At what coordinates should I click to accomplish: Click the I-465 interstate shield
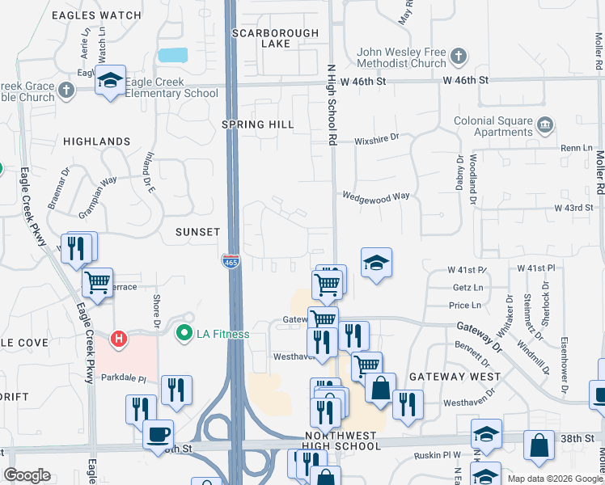point(231,261)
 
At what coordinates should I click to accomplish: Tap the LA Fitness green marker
point(184,333)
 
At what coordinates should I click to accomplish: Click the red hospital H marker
point(119,337)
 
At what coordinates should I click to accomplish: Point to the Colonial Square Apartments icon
point(545,125)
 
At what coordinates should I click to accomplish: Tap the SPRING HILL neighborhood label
point(258,124)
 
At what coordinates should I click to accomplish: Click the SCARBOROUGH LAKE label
point(270,38)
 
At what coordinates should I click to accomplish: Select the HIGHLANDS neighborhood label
point(96,141)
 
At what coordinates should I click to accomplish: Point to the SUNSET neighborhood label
point(197,232)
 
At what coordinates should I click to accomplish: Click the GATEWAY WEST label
point(455,377)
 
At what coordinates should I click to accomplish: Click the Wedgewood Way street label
point(375,196)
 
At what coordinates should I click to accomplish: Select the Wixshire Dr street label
point(377,139)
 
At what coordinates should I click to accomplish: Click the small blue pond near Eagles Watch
point(173,55)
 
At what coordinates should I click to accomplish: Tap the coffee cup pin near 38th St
point(158,434)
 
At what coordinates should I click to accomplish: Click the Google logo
point(27,475)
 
